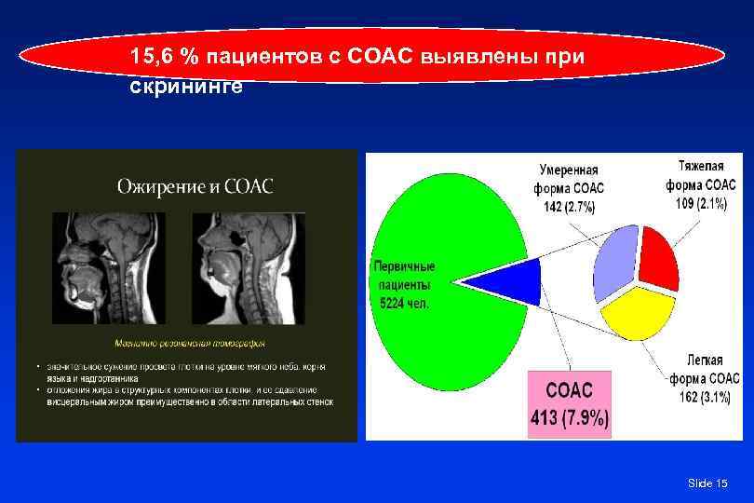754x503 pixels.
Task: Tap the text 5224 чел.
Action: (x=404, y=303)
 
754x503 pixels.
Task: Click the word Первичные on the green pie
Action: (x=404, y=265)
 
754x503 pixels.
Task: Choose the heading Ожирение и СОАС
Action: (x=195, y=185)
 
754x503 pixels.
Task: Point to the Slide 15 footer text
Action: (x=707, y=483)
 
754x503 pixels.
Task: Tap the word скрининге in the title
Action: (x=186, y=87)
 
